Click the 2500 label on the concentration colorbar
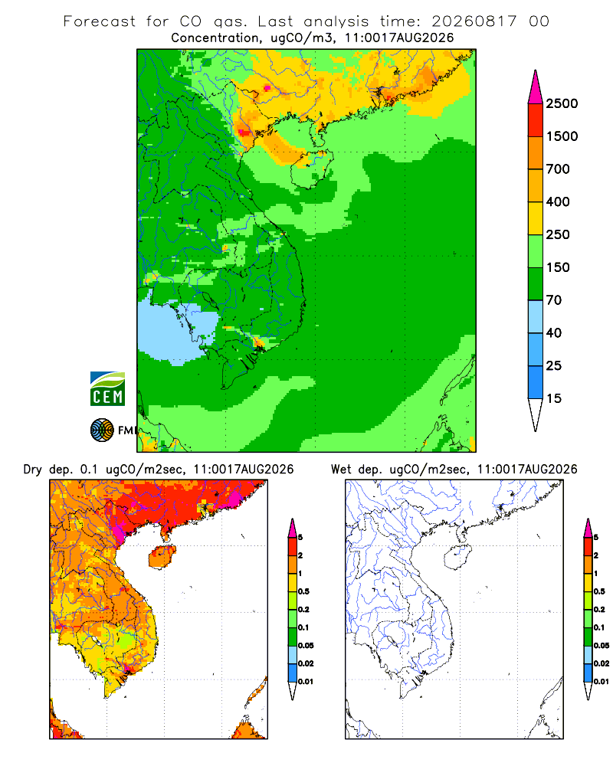(562, 103)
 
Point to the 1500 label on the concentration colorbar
(562, 136)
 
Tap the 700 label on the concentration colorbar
(558, 169)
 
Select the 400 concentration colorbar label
(558, 201)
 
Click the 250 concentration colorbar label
(558, 234)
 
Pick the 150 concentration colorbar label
(558, 267)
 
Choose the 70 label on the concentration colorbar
(554, 300)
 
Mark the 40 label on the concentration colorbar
(554, 332)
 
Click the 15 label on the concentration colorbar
(554, 398)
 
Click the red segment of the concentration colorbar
(536, 120)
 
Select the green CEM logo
(107, 389)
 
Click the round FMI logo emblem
(102, 430)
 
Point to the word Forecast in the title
(100, 21)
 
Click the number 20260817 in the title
(474, 21)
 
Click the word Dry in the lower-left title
(33, 470)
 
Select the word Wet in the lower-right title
(341, 470)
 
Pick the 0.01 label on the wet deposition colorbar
(602, 682)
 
